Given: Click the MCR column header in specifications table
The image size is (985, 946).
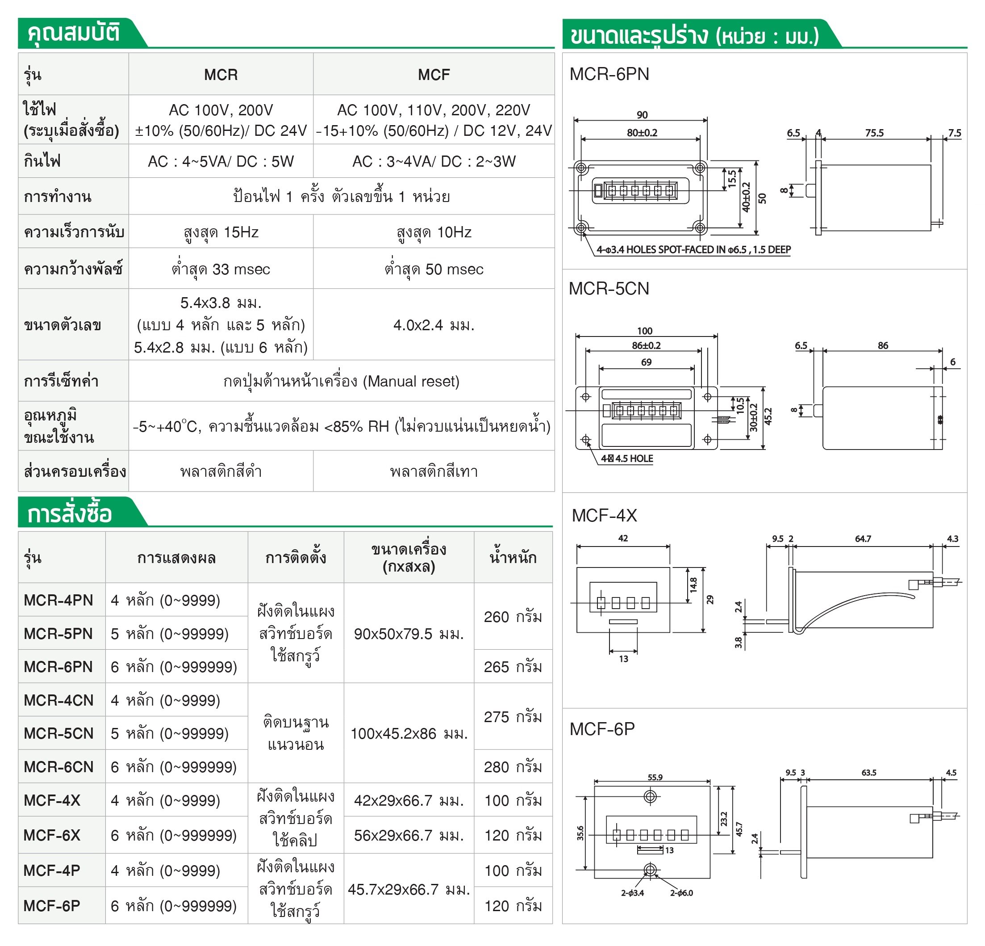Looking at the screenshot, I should point(221,75).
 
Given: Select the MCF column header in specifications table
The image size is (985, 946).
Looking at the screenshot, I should point(434,75).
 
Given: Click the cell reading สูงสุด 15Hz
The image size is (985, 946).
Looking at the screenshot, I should point(221,232).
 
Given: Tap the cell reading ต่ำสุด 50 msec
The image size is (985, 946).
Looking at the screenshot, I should point(434,269).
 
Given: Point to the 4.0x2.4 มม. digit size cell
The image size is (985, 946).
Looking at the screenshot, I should point(434,325).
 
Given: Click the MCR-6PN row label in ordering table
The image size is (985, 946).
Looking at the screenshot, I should point(58,666).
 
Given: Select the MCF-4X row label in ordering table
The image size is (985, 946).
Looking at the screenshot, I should point(52,800).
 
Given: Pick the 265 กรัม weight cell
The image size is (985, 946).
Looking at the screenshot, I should point(513,666).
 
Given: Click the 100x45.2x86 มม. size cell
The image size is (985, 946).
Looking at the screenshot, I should point(409,733).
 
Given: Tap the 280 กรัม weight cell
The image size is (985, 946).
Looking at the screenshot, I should point(513,766).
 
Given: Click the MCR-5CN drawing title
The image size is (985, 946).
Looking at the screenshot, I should point(609,289).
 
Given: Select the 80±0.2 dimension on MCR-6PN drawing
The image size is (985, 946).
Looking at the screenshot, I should point(642,133).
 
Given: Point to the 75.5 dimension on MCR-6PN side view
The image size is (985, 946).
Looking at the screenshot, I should point(874,133).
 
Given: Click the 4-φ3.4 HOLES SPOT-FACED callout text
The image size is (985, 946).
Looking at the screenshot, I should point(693,249).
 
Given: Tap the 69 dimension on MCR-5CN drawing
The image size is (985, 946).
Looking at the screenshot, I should point(646,362).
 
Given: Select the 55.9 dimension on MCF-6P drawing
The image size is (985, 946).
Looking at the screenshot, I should point(655,777).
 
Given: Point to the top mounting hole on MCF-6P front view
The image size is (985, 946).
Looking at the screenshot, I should point(650,797).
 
